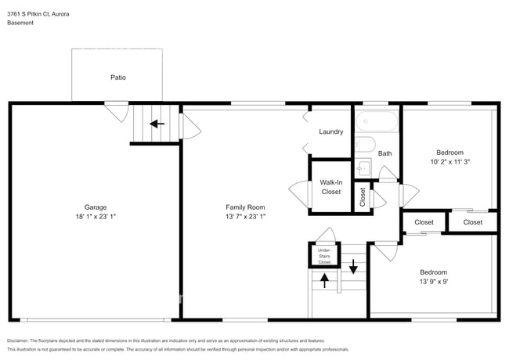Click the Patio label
click(117, 77)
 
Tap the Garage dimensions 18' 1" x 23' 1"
click(96, 216)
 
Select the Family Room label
click(245, 207)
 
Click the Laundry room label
click(330, 131)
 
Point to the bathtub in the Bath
click(377, 122)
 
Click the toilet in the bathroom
click(364, 144)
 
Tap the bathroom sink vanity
click(363, 167)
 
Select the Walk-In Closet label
click(330, 187)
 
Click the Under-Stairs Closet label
click(324, 255)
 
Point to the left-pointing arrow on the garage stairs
click(157, 123)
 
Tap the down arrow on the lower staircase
click(353, 268)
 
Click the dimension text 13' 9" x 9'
click(433, 281)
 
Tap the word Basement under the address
click(20, 23)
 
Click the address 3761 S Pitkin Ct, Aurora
click(38, 13)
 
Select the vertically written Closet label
click(363, 196)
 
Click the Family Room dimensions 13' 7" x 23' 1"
click(245, 216)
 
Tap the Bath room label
click(385, 153)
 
